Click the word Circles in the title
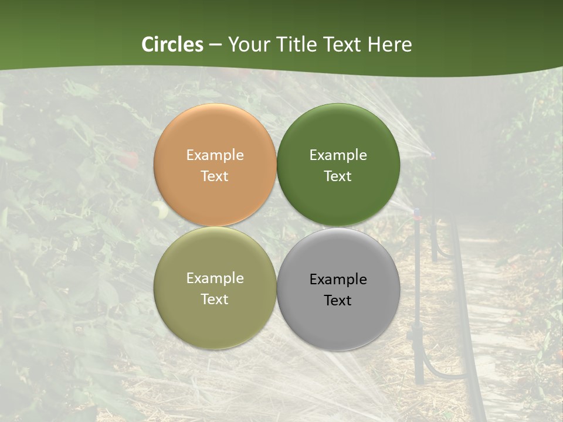(x=172, y=45)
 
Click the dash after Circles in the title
(x=215, y=45)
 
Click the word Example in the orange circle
(x=215, y=155)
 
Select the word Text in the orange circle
(x=215, y=176)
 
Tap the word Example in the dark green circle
(x=338, y=155)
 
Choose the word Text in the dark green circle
(x=338, y=176)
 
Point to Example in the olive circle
(x=215, y=278)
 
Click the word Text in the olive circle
(x=215, y=300)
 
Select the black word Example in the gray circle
(x=338, y=280)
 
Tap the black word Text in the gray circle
(x=338, y=301)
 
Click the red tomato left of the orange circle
(x=131, y=159)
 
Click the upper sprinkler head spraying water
(x=433, y=155)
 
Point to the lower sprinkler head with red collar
(x=417, y=214)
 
